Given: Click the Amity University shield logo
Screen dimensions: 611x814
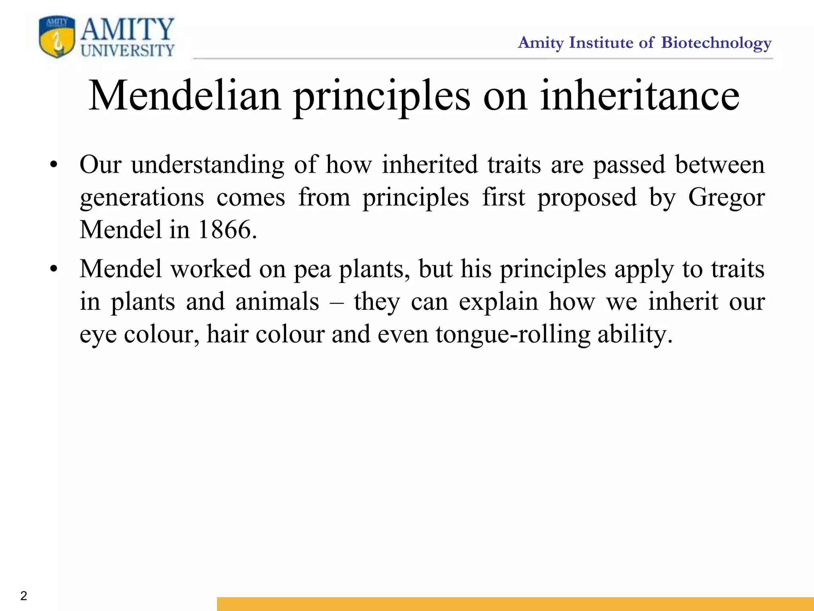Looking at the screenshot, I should tap(57, 37).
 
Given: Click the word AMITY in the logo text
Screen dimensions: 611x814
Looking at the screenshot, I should tap(127, 29).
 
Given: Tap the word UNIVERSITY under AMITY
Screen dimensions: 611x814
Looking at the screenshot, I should tap(127, 51).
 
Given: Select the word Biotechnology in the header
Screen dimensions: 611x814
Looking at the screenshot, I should tap(716, 43).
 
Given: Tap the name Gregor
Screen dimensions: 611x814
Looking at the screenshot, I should tap(726, 197).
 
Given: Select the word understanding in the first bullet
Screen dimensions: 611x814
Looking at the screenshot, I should tap(207, 165).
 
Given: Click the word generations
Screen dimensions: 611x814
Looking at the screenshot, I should tap(142, 197).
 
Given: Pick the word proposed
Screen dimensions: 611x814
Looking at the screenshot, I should tap(587, 197).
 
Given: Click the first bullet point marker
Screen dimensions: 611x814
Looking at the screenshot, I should tap(54, 165).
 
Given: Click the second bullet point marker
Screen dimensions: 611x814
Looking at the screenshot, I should tap(54, 269).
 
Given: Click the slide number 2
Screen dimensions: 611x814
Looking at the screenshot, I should tap(24, 595).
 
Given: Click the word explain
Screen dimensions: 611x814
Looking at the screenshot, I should tap(498, 302).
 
